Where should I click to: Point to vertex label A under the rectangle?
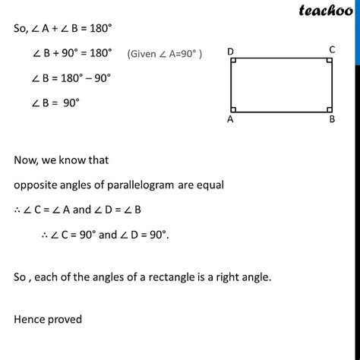click(230, 119)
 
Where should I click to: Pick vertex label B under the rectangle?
click(332, 119)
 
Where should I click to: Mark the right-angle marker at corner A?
click(236, 104)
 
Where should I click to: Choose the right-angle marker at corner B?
click(327, 104)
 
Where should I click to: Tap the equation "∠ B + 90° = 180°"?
click(72, 53)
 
